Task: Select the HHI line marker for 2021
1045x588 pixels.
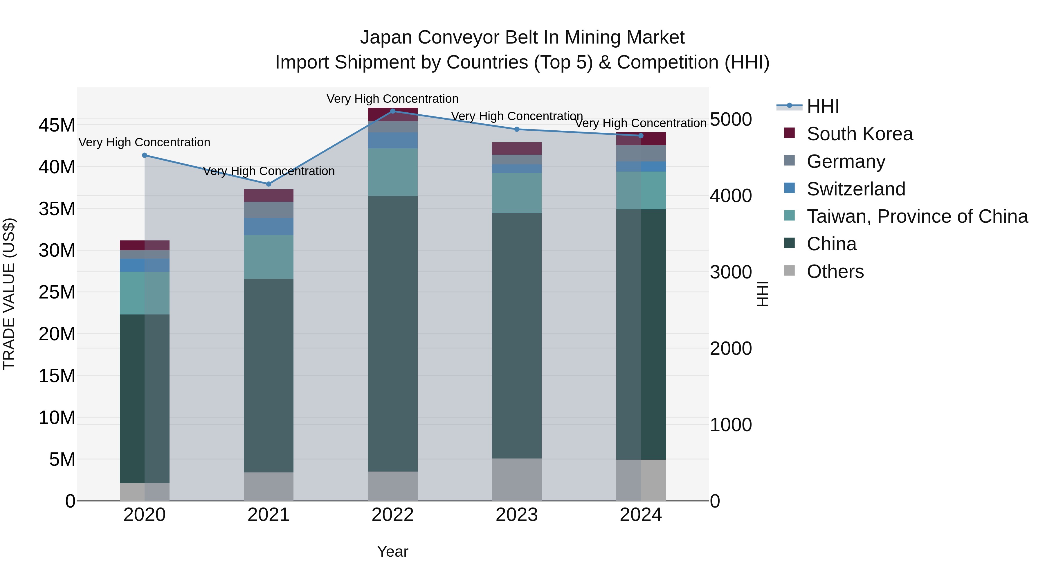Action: point(268,184)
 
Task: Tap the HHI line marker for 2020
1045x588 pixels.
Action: point(145,155)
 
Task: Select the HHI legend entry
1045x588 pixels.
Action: point(822,106)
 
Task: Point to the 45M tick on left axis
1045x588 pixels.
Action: point(57,125)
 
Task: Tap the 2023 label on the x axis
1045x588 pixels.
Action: point(516,515)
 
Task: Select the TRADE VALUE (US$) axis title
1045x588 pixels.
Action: point(9,294)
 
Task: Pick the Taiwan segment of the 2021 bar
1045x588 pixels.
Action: point(268,257)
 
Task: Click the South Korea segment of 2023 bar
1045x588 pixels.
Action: point(516,148)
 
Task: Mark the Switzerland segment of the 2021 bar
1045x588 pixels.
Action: point(268,226)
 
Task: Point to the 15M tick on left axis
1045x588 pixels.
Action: point(57,376)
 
